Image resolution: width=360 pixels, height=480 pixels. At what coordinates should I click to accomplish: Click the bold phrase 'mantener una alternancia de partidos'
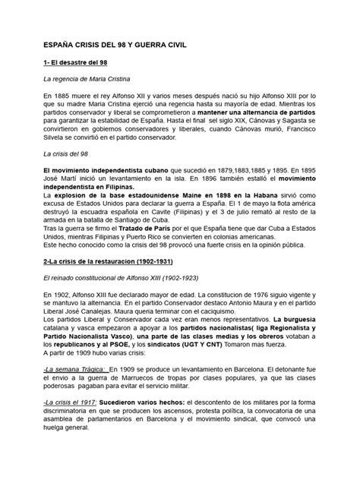coord(256,111)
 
